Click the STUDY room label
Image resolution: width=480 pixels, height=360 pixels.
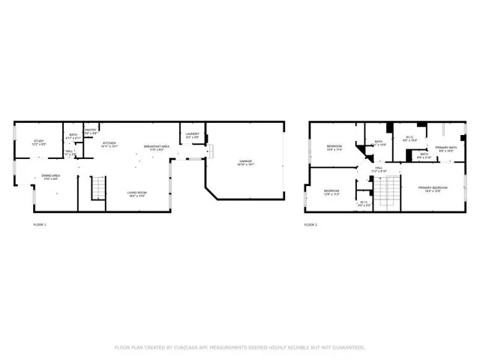(38, 142)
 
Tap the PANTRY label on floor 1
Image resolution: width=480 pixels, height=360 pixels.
(91, 130)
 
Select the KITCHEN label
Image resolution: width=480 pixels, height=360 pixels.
(109, 144)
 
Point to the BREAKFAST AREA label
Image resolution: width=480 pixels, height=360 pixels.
(157, 146)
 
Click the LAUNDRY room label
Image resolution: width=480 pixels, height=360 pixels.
(192, 135)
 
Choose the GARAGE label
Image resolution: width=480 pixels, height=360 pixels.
(245, 161)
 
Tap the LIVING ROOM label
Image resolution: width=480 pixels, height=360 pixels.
(136, 193)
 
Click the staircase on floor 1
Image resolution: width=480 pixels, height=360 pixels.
(97, 188)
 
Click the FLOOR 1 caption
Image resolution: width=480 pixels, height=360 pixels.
(39, 224)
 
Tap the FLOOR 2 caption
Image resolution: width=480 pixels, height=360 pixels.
(310, 224)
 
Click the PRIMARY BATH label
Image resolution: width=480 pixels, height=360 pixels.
(446, 148)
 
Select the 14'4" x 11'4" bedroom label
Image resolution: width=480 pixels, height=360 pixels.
(334, 146)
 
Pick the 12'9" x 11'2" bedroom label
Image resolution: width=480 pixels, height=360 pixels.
(331, 192)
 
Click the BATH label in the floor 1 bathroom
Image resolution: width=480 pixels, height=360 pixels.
(73, 136)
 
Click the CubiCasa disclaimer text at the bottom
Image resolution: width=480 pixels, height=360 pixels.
(239, 347)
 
